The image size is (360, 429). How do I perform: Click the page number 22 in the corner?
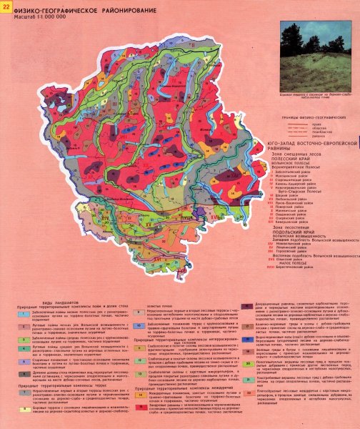7,7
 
